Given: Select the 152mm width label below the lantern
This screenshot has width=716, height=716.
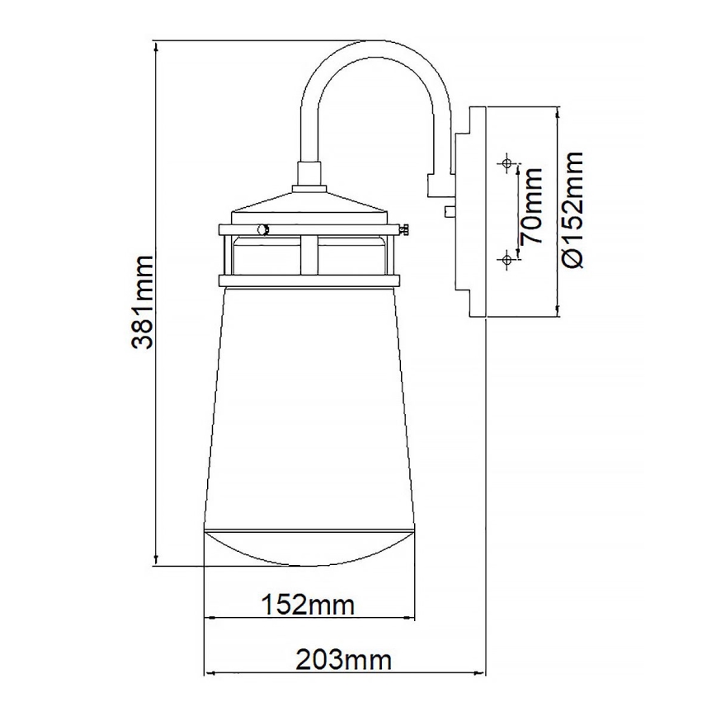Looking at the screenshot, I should coord(308,605).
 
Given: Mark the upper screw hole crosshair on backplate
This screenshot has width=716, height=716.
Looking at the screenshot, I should coord(506,163).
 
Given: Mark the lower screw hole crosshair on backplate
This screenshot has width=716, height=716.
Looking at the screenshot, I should coord(506,261).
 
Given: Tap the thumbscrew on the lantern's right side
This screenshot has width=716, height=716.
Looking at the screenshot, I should coord(405,230).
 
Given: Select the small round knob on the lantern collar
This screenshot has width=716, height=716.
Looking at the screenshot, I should coord(262,231).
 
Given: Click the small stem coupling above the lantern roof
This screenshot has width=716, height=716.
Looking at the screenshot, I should coord(309,174).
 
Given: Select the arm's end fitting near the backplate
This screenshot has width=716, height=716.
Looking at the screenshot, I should coord(436,184).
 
